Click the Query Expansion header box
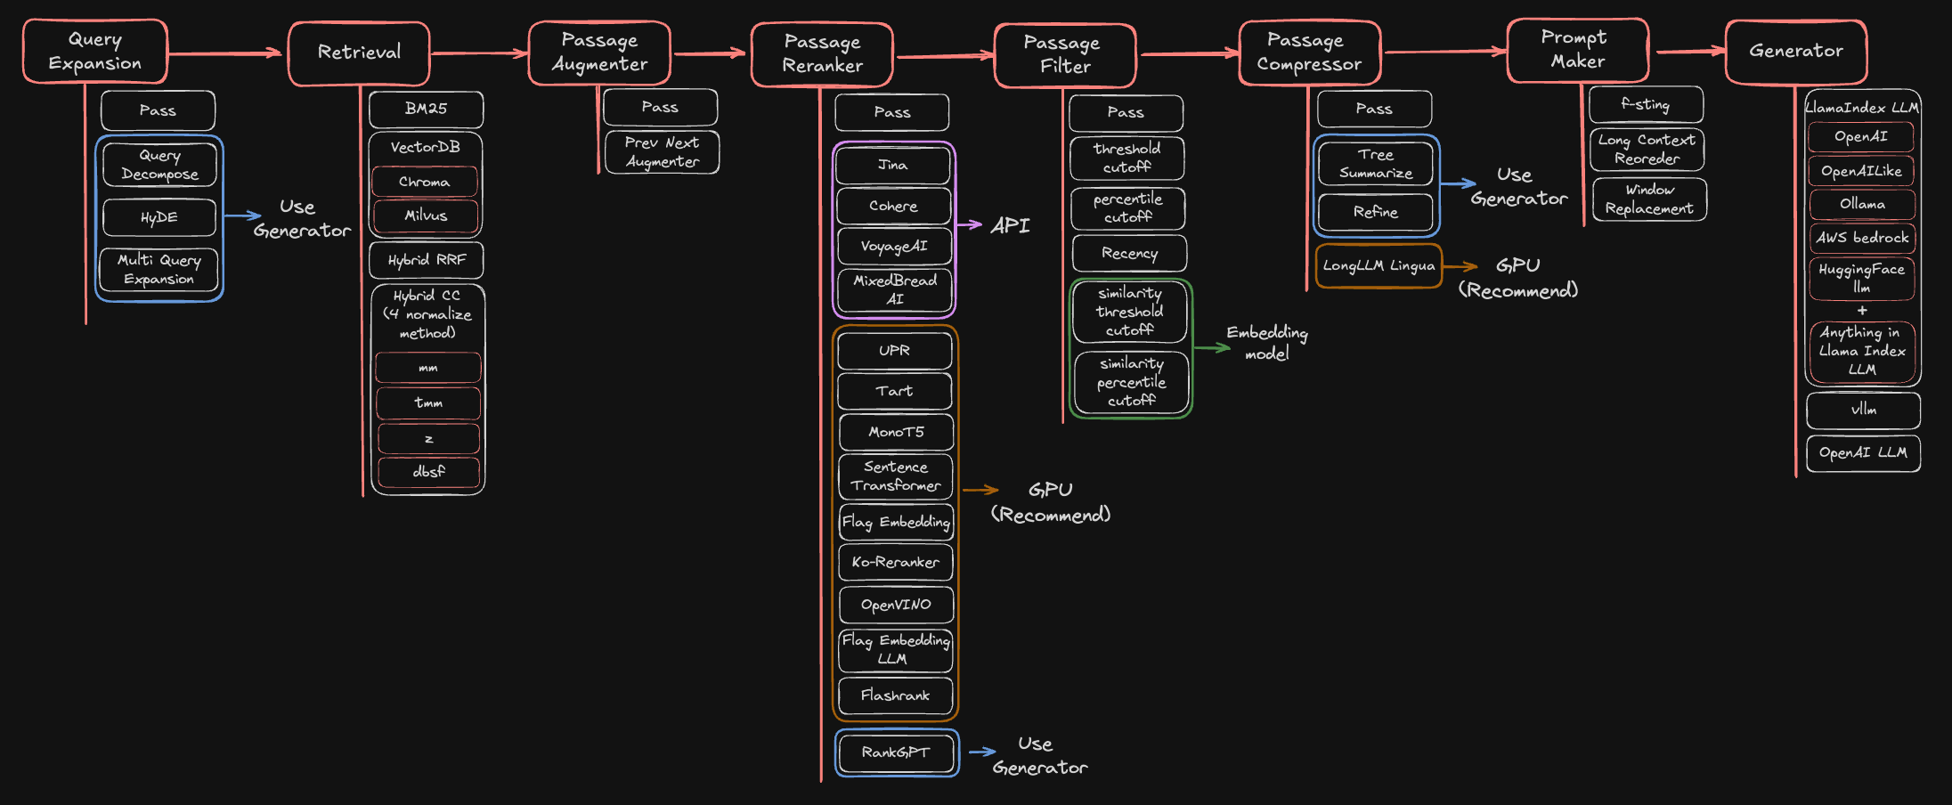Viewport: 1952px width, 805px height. [x=94, y=52]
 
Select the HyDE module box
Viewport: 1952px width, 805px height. [x=159, y=217]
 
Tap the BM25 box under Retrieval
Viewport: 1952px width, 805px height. [x=426, y=109]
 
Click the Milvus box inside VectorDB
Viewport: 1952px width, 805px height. [x=426, y=215]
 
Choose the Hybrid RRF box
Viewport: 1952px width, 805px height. [x=427, y=260]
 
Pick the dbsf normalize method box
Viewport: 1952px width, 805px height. [x=428, y=472]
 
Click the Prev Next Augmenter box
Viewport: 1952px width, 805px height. [x=662, y=152]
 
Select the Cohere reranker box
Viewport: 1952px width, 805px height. [x=893, y=206]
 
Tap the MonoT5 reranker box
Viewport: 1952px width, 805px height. [x=896, y=432]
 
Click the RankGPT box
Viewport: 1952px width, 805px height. [x=896, y=752]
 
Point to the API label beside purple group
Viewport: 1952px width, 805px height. [x=1010, y=225]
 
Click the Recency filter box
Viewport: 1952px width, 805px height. [x=1129, y=253]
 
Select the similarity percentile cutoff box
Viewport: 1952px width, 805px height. [x=1131, y=382]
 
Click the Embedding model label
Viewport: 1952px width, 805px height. [x=1266, y=343]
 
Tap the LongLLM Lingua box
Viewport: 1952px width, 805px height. [x=1379, y=265]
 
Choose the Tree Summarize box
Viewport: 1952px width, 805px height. [x=1375, y=164]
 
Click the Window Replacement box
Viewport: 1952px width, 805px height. [x=1649, y=199]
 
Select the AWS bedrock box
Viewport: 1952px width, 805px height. [x=1861, y=238]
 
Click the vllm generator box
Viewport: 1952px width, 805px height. [x=1863, y=410]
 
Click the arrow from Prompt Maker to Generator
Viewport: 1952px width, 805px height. [x=1688, y=52]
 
